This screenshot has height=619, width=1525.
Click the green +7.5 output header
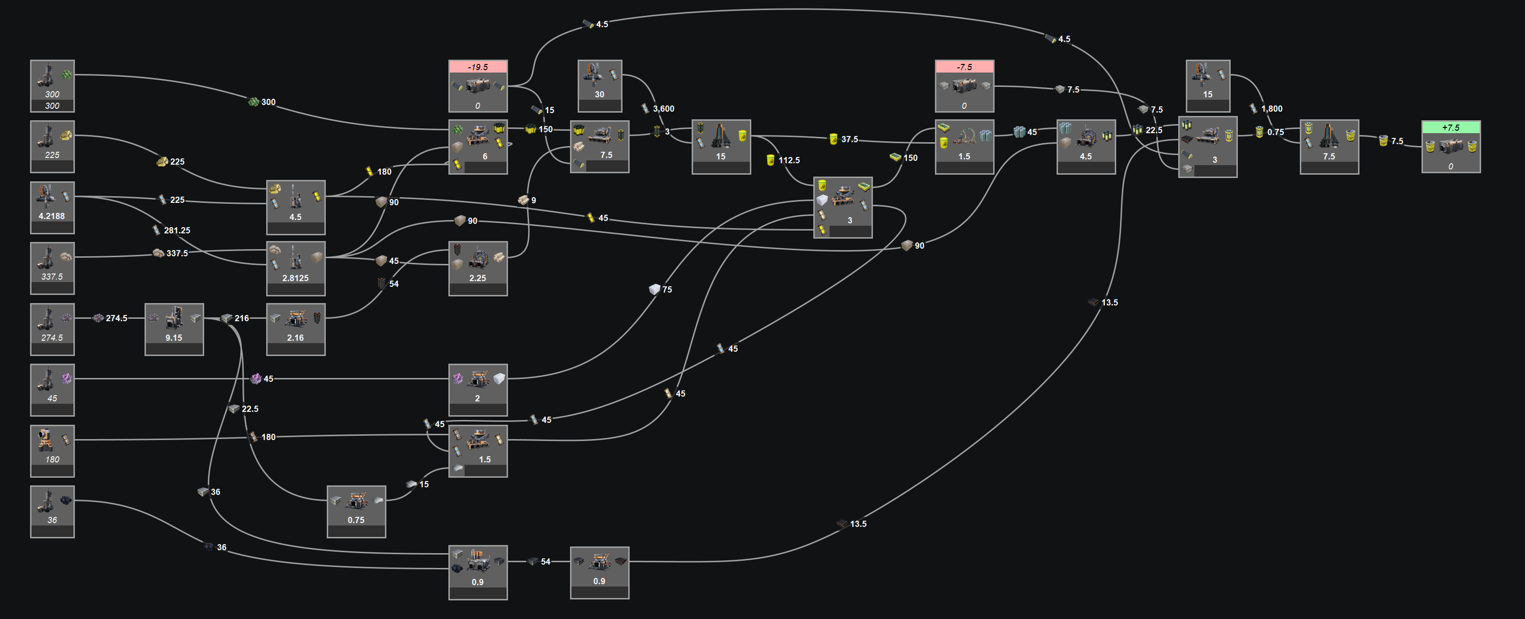[x=1451, y=127]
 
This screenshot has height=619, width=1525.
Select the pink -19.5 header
[x=478, y=67]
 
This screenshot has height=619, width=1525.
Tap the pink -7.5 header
[x=965, y=67]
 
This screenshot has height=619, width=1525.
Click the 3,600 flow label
[x=663, y=108]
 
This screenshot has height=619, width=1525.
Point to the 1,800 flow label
[x=1272, y=108]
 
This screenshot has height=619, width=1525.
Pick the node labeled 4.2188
[x=52, y=207]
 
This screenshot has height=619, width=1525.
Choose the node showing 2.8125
[x=295, y=268]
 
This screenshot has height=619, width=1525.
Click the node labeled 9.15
[x=174, y=329]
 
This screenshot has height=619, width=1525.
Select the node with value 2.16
[x=295, y=329]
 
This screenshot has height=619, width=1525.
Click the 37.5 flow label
[x=850, y=139]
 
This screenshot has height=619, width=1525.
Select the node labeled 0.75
[x=356, y=512]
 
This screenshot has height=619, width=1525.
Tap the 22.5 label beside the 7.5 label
[x=1154, y=130]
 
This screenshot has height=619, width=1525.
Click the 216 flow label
[x=241, y=318]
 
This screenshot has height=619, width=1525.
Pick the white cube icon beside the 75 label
[x=654, y=289]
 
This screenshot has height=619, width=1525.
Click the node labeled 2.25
[x=478, y=268]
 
